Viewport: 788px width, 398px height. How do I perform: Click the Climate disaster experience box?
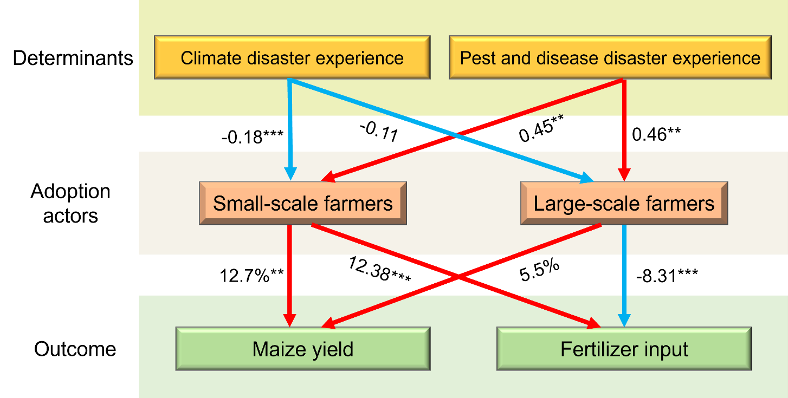[292, 57]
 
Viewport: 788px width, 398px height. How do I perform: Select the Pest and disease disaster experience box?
[610, 57]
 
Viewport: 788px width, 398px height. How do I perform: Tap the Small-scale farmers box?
[302, 203]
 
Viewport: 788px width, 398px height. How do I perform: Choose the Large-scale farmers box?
[624, 203]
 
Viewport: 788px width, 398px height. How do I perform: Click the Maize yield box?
[302, 349]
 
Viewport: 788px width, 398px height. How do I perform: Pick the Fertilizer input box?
[624, 349]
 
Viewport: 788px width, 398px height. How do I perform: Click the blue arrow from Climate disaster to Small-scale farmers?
[290, 130]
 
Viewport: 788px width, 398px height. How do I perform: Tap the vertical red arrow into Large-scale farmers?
[624, 130]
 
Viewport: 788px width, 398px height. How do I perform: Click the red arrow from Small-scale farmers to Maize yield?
[290, 276]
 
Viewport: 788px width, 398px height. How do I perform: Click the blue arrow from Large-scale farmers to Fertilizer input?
[624, 276]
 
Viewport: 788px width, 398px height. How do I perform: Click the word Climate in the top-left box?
[207, 58]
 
